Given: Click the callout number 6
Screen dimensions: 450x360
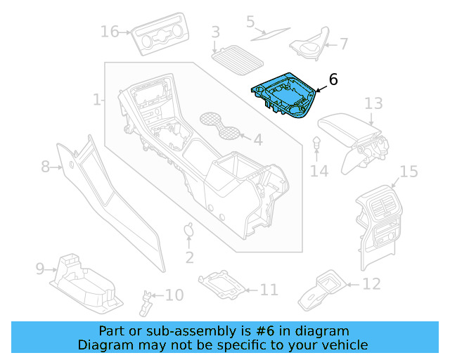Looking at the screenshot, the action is (x=333, y=80).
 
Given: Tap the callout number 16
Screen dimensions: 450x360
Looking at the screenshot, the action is (x=110, y=32).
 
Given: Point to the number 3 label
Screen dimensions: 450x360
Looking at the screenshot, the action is (x=215, y=32).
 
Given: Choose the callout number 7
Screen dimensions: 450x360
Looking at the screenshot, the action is (x=343, y=44).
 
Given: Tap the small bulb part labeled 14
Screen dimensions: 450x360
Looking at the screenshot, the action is (x=317, y=143).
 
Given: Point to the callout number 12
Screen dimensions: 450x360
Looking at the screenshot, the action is (x=371, y=284).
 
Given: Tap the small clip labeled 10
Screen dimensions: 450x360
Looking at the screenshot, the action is (x=147, y=301).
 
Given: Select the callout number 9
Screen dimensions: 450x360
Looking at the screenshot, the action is (x=40, y=269).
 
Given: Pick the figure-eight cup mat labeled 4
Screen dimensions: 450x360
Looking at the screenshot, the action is (x=221, y=125).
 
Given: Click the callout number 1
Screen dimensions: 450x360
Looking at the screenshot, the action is (x=97, y=100).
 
